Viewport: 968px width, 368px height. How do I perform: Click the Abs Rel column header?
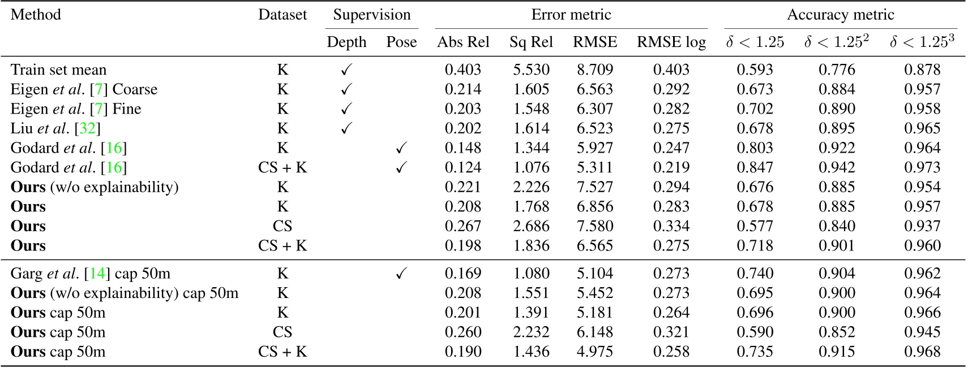click(462, 42)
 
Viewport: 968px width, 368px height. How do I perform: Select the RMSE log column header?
click(671, 42)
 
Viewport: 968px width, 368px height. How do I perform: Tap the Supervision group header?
click(371, 15)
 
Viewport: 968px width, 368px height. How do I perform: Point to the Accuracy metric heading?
click(840, 15)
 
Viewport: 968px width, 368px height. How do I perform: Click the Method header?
click(36, 15)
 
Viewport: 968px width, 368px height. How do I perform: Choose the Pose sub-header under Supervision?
click(401, 42)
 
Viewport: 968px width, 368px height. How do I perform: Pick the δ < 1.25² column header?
click(836, 42)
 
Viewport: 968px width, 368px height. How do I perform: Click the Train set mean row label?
click(58, 70)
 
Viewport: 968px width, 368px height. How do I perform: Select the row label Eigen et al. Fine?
click(76, 109)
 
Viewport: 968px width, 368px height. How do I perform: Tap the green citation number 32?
click(87, 129)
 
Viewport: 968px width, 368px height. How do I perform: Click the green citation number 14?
click(97, 274)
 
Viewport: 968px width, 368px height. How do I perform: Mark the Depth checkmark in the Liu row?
click(346, 129)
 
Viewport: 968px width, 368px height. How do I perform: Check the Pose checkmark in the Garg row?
click(401, 274)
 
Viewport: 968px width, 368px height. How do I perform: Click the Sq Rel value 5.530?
click(531, 70)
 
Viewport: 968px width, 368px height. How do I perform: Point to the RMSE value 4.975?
click(594, 352)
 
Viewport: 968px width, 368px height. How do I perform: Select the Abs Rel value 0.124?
click(462, 168)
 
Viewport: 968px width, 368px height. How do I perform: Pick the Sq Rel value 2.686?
click(531, 227)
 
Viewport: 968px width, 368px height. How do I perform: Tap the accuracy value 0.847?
click(754, 168)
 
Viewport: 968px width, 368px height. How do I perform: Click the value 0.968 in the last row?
click(922, 352)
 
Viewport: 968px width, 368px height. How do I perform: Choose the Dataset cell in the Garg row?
click(282, 274)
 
